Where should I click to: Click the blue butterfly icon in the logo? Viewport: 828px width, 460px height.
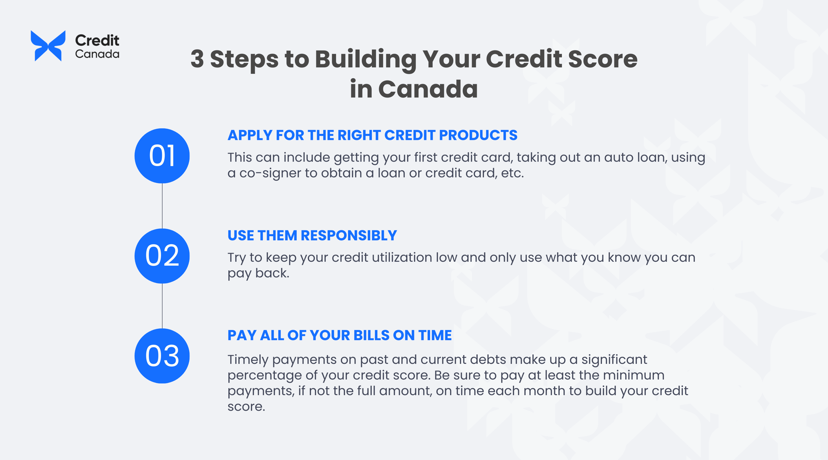[x=48, y=46]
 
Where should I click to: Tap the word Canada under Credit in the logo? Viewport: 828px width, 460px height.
[x=97, y=54]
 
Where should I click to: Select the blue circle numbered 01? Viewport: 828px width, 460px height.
[x=162, y=156]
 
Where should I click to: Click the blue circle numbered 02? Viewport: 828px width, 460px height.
[x=162, y=256]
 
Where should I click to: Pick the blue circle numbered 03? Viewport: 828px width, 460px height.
[x=162, y=356]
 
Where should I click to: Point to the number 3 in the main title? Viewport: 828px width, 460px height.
[x=197, y=59]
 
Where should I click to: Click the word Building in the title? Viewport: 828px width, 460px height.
[x=365, y=59]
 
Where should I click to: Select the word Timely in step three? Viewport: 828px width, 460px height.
[x=247, y=360]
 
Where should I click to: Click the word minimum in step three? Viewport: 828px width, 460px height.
[x=634, y=375]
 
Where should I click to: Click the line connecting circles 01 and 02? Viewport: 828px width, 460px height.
[x=162, y=206]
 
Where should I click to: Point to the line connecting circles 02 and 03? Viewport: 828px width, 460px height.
[x=162, y=306]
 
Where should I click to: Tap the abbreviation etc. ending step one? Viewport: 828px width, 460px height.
[x=512, y=173]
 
